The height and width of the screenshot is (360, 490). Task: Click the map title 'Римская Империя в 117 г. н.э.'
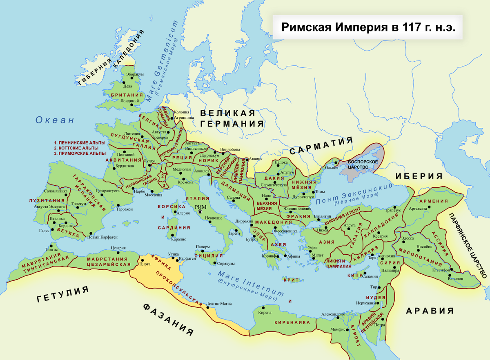point(367,27)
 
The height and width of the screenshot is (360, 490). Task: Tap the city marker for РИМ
point(200,212)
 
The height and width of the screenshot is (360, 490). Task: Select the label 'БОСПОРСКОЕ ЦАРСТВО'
point(363,164)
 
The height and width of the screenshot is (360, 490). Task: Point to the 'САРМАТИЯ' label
point(321,146)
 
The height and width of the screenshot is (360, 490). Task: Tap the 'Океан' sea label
point(55,120)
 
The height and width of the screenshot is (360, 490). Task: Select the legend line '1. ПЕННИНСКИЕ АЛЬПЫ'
point(80,142)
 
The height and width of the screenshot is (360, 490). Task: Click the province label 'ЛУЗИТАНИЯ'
point(47,201)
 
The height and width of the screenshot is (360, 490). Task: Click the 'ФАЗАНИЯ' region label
point(168,320)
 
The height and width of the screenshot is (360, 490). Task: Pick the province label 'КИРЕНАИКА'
point(292,322)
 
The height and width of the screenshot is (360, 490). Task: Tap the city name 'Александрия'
point(333,314)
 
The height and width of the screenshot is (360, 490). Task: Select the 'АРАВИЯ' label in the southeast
point(430,311)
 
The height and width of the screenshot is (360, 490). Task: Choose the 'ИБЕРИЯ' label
point(419,176)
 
